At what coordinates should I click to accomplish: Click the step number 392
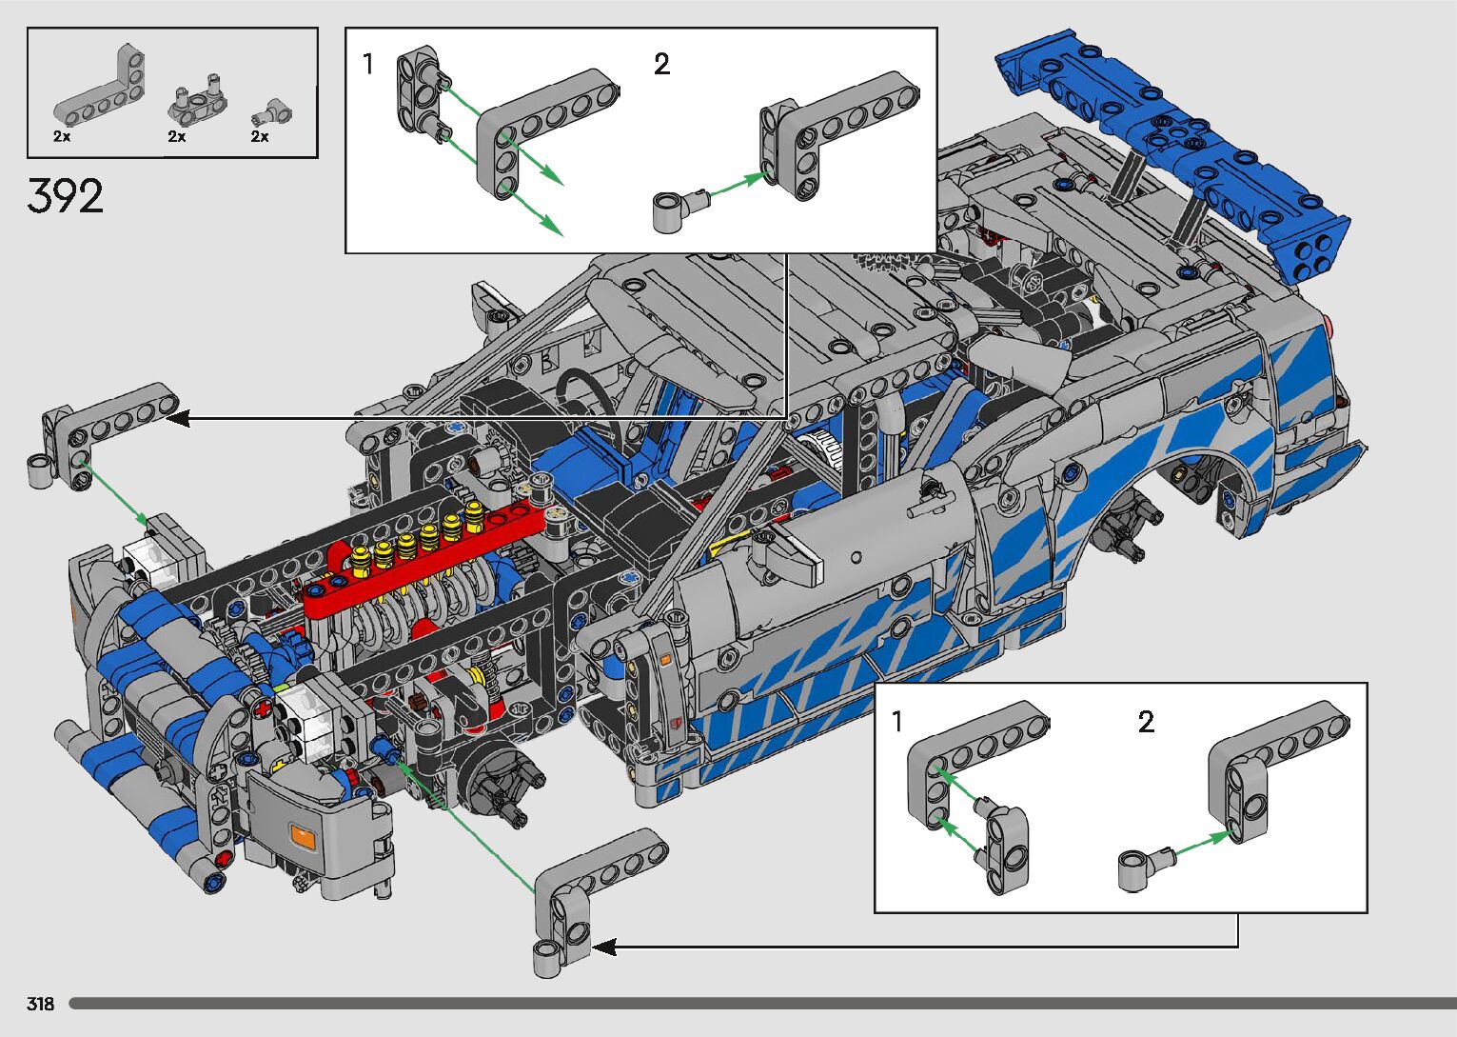[65, 196]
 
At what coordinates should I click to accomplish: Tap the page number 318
[40, 1004]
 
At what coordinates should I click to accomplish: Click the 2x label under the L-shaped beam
[62, 136]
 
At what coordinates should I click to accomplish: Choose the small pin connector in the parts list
[272, 112]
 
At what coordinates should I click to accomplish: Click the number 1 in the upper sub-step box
[368, 64]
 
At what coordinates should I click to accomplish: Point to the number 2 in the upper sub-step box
[661, 64]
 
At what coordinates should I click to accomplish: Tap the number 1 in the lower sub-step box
[897, 721]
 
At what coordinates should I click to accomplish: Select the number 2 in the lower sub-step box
[1146, 721]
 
